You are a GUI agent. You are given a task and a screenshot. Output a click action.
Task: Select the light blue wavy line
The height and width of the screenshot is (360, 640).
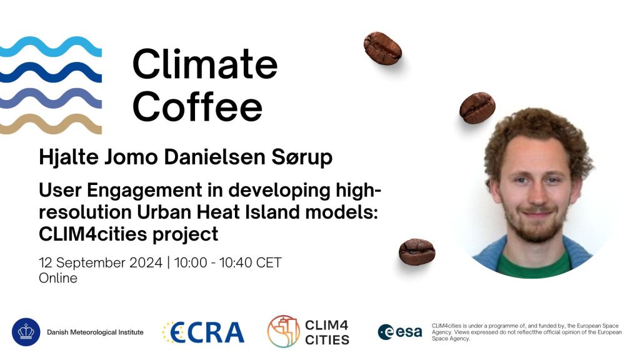click(x=51, y=47)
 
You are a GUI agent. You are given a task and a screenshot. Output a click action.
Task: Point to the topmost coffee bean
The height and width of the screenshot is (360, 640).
click(x=382, y=48)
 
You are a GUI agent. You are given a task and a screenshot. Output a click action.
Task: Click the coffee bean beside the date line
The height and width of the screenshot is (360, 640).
click(x=417, y=251)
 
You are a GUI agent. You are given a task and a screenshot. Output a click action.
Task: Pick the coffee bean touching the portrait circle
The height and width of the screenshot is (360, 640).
click(x=477, y=107)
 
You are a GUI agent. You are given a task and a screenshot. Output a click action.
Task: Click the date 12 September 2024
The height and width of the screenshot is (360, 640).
click(x=101, y=262)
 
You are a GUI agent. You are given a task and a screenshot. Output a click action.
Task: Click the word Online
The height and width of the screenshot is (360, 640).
click(x=58, y=278)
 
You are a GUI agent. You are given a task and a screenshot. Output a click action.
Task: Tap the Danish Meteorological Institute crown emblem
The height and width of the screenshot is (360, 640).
click(x=26, y=332)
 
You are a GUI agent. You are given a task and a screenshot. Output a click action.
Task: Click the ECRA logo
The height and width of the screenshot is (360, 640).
click(x=203, y=332)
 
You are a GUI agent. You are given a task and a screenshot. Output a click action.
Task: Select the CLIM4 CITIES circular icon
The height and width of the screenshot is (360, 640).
click(x=284, y=331)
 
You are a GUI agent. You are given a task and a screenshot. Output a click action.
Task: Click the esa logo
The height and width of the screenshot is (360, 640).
click(x=400, y=332)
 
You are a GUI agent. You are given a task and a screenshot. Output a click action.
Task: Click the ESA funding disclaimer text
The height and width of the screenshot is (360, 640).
click(x=526, y=332)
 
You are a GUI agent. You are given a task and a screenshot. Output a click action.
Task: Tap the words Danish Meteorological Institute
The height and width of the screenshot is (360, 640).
click(x=95, y=332)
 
